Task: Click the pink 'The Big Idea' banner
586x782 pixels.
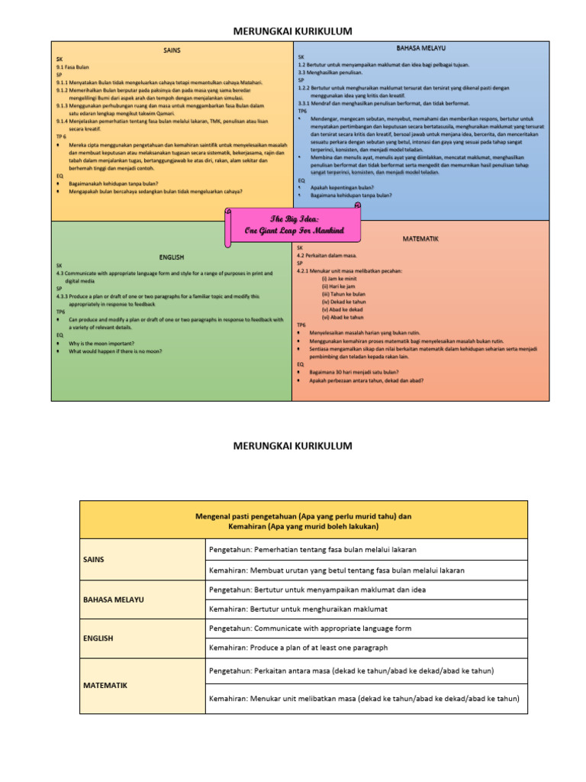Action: (x=294, y=225)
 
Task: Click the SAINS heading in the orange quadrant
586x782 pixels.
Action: (x=172, y=50)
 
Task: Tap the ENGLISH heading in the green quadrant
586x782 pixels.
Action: (x=172, y=257)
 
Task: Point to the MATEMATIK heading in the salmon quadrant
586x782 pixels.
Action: (x=421, y=239)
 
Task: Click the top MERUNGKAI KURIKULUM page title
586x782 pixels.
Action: (x=293, y=31)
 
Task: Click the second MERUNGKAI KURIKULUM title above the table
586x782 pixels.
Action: (x=293, y=445)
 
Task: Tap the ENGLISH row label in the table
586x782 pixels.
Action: (x=99, y=638)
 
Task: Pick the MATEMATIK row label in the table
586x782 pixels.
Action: (x=105, y=685)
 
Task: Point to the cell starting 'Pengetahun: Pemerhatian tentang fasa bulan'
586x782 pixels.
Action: (x=313, y=550)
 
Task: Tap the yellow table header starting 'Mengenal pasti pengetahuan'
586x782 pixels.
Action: (x=303, y=522)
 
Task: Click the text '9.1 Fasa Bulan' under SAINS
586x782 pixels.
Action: (x=73, y=67)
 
